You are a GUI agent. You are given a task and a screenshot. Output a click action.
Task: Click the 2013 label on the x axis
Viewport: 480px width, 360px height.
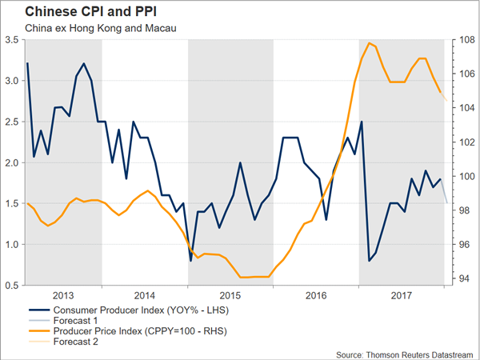pos(64,294)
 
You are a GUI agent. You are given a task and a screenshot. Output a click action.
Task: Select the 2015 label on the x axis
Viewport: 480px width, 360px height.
pos(230,294)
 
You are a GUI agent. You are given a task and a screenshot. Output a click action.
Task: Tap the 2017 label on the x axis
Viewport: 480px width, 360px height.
pos(402,294)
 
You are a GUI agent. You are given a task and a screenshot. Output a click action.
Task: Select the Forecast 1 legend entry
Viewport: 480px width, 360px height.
pos(78,320)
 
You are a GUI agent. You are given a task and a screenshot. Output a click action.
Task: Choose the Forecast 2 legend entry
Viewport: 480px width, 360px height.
pos(78,342)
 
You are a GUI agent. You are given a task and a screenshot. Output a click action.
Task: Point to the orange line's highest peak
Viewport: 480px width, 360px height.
pos(369,42)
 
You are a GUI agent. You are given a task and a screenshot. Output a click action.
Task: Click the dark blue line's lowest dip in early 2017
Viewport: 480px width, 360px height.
pos(369,261)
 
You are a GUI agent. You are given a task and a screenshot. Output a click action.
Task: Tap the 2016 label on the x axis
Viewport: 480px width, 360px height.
pos(316,294)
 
